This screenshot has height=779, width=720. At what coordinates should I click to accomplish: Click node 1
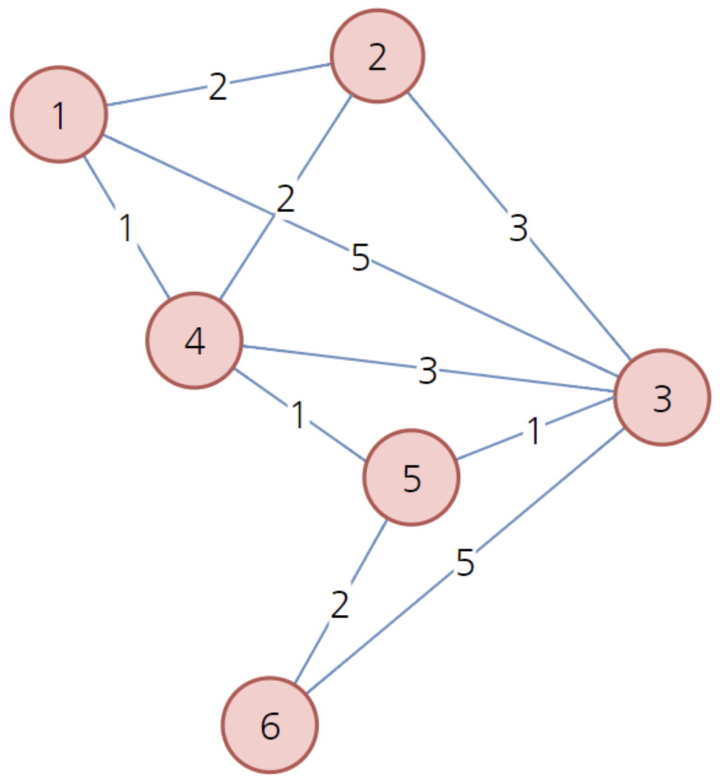59,114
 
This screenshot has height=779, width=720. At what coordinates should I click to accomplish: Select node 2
377,56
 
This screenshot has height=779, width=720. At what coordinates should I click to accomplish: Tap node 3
662,397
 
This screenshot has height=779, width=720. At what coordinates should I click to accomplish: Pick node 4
194,341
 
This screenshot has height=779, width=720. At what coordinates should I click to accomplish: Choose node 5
411,477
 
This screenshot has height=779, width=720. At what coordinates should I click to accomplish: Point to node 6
270,725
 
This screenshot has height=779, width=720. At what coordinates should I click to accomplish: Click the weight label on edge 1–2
218,87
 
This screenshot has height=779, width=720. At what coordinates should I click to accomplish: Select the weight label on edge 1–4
126,228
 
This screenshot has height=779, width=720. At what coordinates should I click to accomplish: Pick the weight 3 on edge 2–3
519,228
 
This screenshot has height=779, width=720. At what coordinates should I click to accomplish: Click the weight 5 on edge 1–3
361,258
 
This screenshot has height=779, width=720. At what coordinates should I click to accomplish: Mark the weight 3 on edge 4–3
427,371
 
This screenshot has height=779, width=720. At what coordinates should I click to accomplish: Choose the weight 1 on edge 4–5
298,415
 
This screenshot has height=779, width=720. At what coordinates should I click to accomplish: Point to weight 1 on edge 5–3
533,431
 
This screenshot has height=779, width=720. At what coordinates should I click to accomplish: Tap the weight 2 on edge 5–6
340,605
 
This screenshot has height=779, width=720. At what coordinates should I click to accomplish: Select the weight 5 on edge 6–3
465,562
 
